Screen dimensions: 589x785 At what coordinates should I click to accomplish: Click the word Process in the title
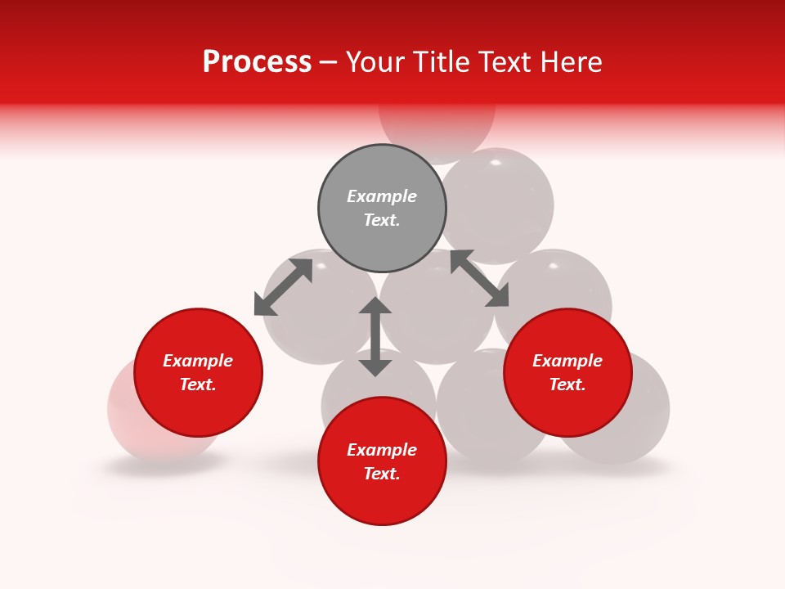pos(257,62)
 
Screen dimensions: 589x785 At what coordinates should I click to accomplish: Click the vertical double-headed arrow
pos(375,336)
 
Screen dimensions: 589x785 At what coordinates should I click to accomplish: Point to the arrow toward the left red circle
pos(283,287)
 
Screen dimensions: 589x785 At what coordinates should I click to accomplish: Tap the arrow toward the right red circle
pos(480,278)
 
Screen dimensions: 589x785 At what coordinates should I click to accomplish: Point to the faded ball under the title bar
pos(437,131)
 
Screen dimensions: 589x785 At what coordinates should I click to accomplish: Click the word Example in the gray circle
pos(382,196)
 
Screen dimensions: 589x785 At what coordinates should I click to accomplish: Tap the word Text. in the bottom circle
pos(382,474)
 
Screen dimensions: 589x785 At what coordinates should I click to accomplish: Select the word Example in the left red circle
pos(198,361)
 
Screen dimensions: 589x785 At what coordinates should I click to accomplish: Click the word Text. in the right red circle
pos(567,384)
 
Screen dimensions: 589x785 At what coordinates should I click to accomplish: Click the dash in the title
pos(329,62)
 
